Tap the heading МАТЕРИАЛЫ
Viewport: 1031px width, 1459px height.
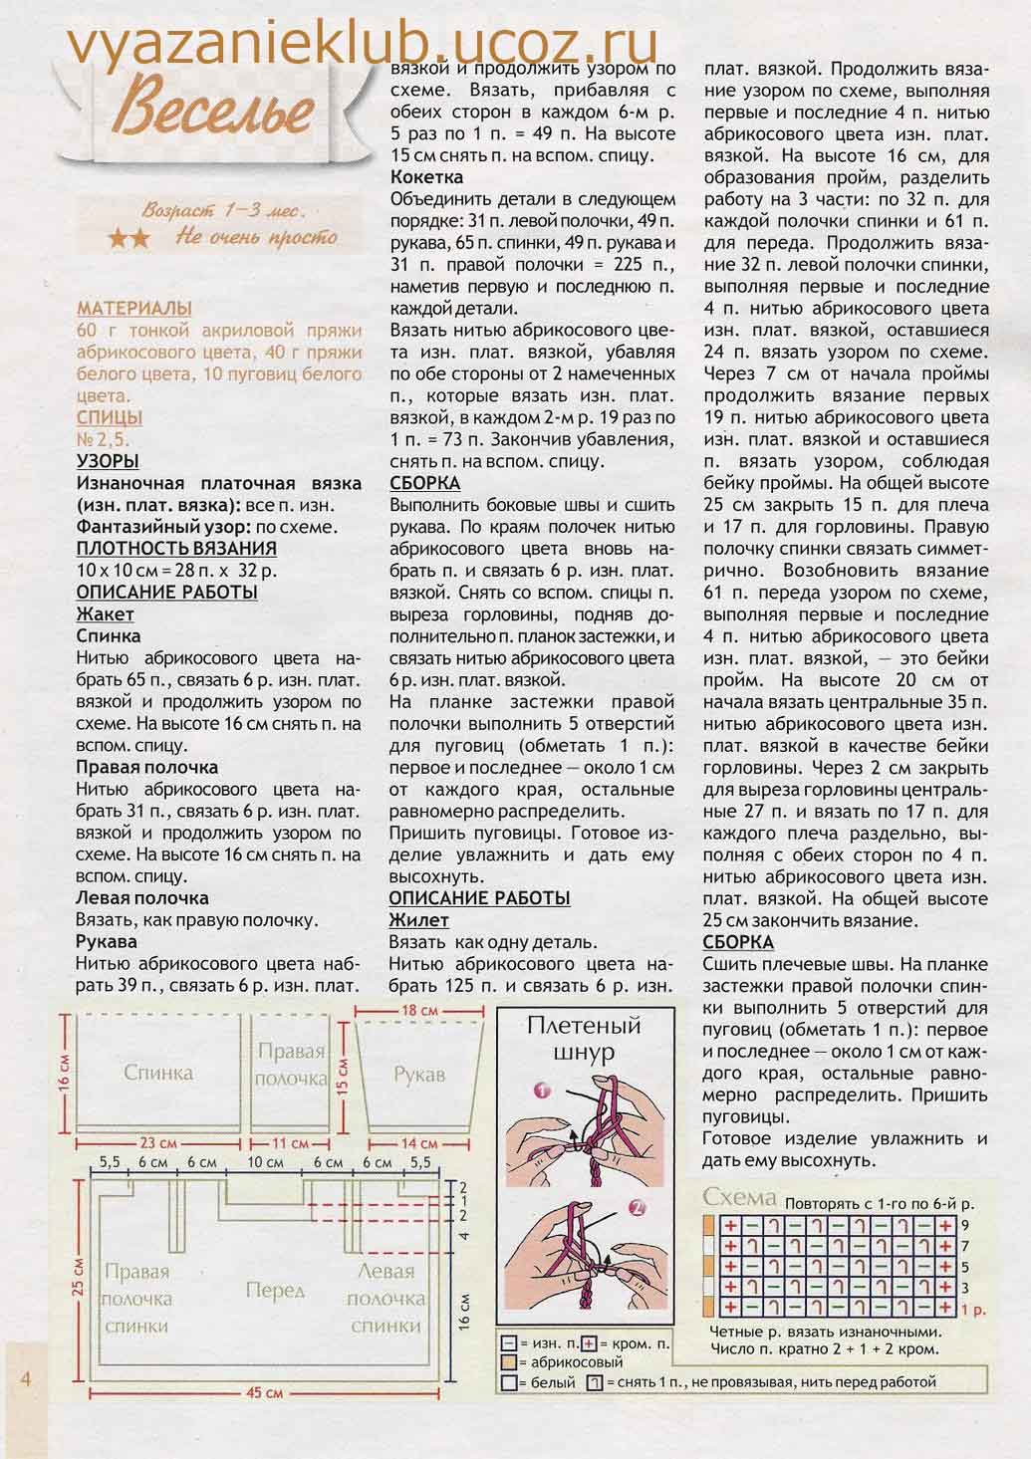[134, 309]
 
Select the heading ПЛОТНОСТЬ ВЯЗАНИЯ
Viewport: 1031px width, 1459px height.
[176, 548]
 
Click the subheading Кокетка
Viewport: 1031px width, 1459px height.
[426, 177]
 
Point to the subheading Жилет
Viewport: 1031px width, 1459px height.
[418, 920]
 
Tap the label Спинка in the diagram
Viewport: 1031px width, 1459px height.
[158, 1073]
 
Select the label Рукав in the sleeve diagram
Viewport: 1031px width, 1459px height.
[418, 1075]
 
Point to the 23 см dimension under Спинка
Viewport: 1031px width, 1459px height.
[158, 1142]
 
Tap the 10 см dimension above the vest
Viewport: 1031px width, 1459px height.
[264, 1162]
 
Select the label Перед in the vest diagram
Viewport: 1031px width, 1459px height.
[275, 1291]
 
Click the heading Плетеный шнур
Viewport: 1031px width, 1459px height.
[584, 1039]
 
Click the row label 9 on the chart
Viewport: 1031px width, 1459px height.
[964, 1224]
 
